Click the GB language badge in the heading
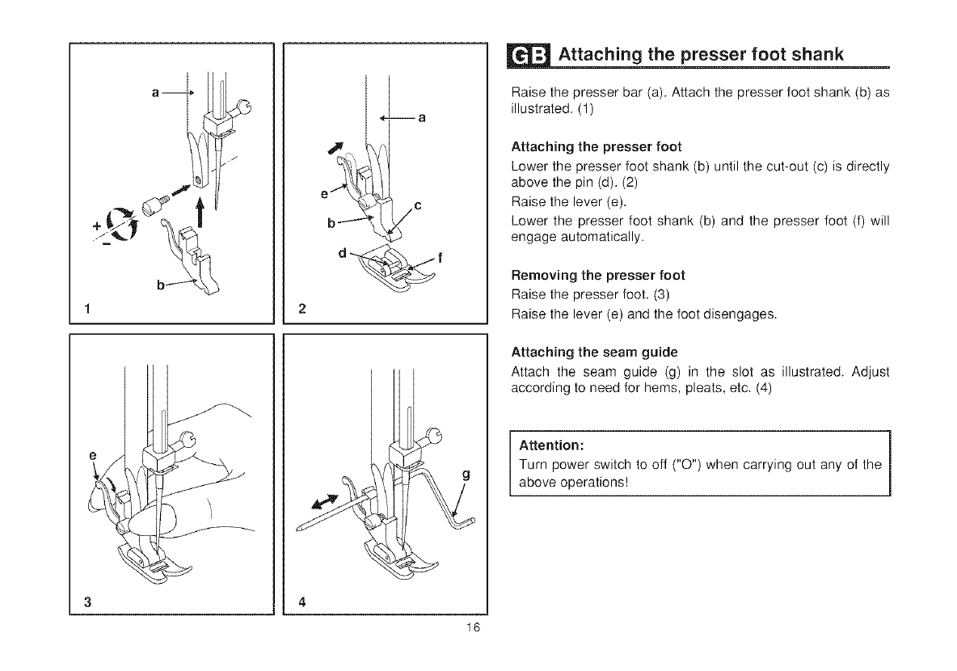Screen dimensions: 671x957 point(531,55)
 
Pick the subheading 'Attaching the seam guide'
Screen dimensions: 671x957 point(594,352)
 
